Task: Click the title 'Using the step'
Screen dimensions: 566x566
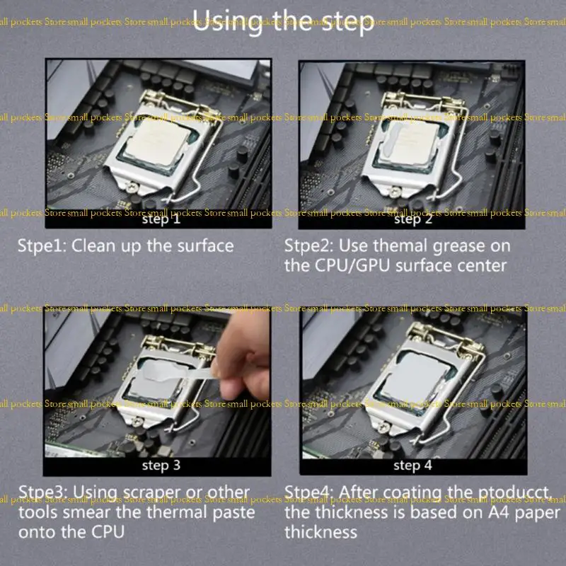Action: (x=282, y=21)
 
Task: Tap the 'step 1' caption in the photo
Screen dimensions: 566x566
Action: (x=161, y=219)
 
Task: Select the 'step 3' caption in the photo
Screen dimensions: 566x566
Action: (x=161, y=465)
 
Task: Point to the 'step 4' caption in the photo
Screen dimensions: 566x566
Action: (x=412, y=465)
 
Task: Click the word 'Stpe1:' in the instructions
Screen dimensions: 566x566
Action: (x=42, y=246)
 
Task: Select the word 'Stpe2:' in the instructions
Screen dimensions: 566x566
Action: (x=308, y=246)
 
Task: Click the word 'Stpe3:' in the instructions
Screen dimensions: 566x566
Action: (x=42, y=492)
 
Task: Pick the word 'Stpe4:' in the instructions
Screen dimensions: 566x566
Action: (x=309, y=492)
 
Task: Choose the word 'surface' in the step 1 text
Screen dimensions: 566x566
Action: (x=198, y=246)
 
